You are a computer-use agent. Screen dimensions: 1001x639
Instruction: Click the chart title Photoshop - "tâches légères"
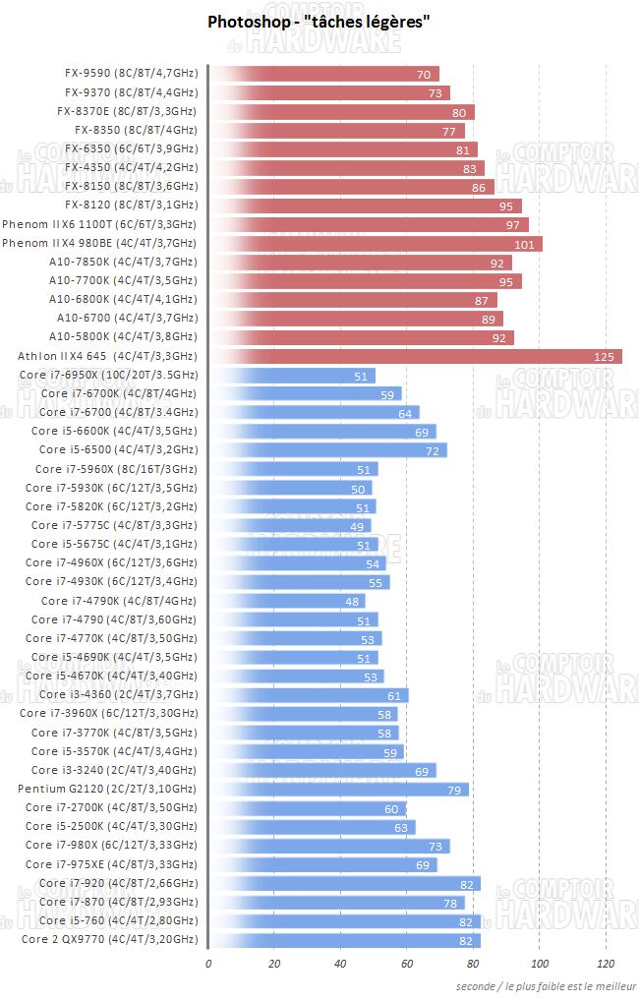319,22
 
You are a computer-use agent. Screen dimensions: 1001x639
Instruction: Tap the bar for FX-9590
324,74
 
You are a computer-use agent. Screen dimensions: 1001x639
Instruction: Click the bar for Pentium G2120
339,789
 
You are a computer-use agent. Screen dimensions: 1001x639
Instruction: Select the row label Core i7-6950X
108,375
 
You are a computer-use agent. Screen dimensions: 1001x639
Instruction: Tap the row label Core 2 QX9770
109,939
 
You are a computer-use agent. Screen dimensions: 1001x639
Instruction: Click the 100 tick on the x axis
539,964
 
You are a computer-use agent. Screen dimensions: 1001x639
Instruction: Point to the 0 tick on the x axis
208,964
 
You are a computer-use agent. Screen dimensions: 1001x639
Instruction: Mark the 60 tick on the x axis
407,964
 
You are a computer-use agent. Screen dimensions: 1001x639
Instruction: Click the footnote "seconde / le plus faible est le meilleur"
545,985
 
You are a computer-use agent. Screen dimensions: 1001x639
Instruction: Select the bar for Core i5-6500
328,450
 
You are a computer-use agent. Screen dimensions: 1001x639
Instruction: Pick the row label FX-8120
131,206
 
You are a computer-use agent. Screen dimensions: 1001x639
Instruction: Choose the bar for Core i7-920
344,883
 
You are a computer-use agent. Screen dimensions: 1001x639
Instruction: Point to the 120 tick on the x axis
606,964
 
